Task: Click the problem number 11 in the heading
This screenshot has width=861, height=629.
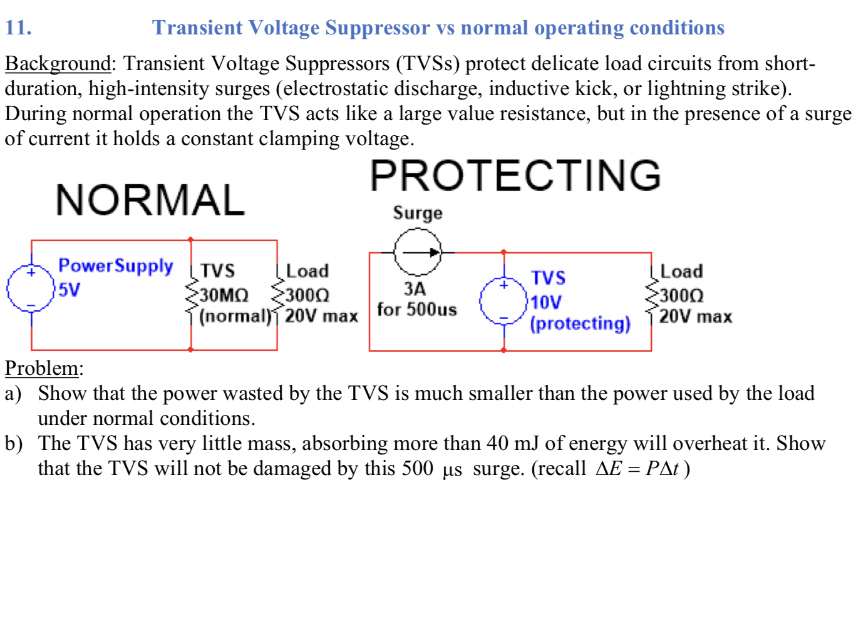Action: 18,28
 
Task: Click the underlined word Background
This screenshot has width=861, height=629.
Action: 58,63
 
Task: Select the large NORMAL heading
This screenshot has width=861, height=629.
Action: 150,200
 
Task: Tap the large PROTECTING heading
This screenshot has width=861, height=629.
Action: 515,175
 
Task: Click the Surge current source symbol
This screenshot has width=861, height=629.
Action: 418,252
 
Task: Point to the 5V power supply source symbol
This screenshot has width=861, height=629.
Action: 31,289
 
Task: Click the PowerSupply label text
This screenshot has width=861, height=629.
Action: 115,265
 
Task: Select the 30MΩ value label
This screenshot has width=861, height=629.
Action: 224,295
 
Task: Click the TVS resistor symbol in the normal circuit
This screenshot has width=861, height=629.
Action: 191,295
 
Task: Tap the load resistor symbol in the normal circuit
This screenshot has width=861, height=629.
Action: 277,295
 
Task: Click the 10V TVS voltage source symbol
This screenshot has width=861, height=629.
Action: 503,301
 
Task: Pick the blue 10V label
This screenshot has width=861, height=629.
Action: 546,302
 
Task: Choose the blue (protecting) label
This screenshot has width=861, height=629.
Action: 580,323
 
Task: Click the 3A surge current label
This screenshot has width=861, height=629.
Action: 415,289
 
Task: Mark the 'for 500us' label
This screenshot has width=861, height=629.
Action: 417,309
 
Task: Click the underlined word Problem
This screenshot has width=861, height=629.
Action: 42,368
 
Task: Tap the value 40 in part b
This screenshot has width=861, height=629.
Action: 497,443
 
